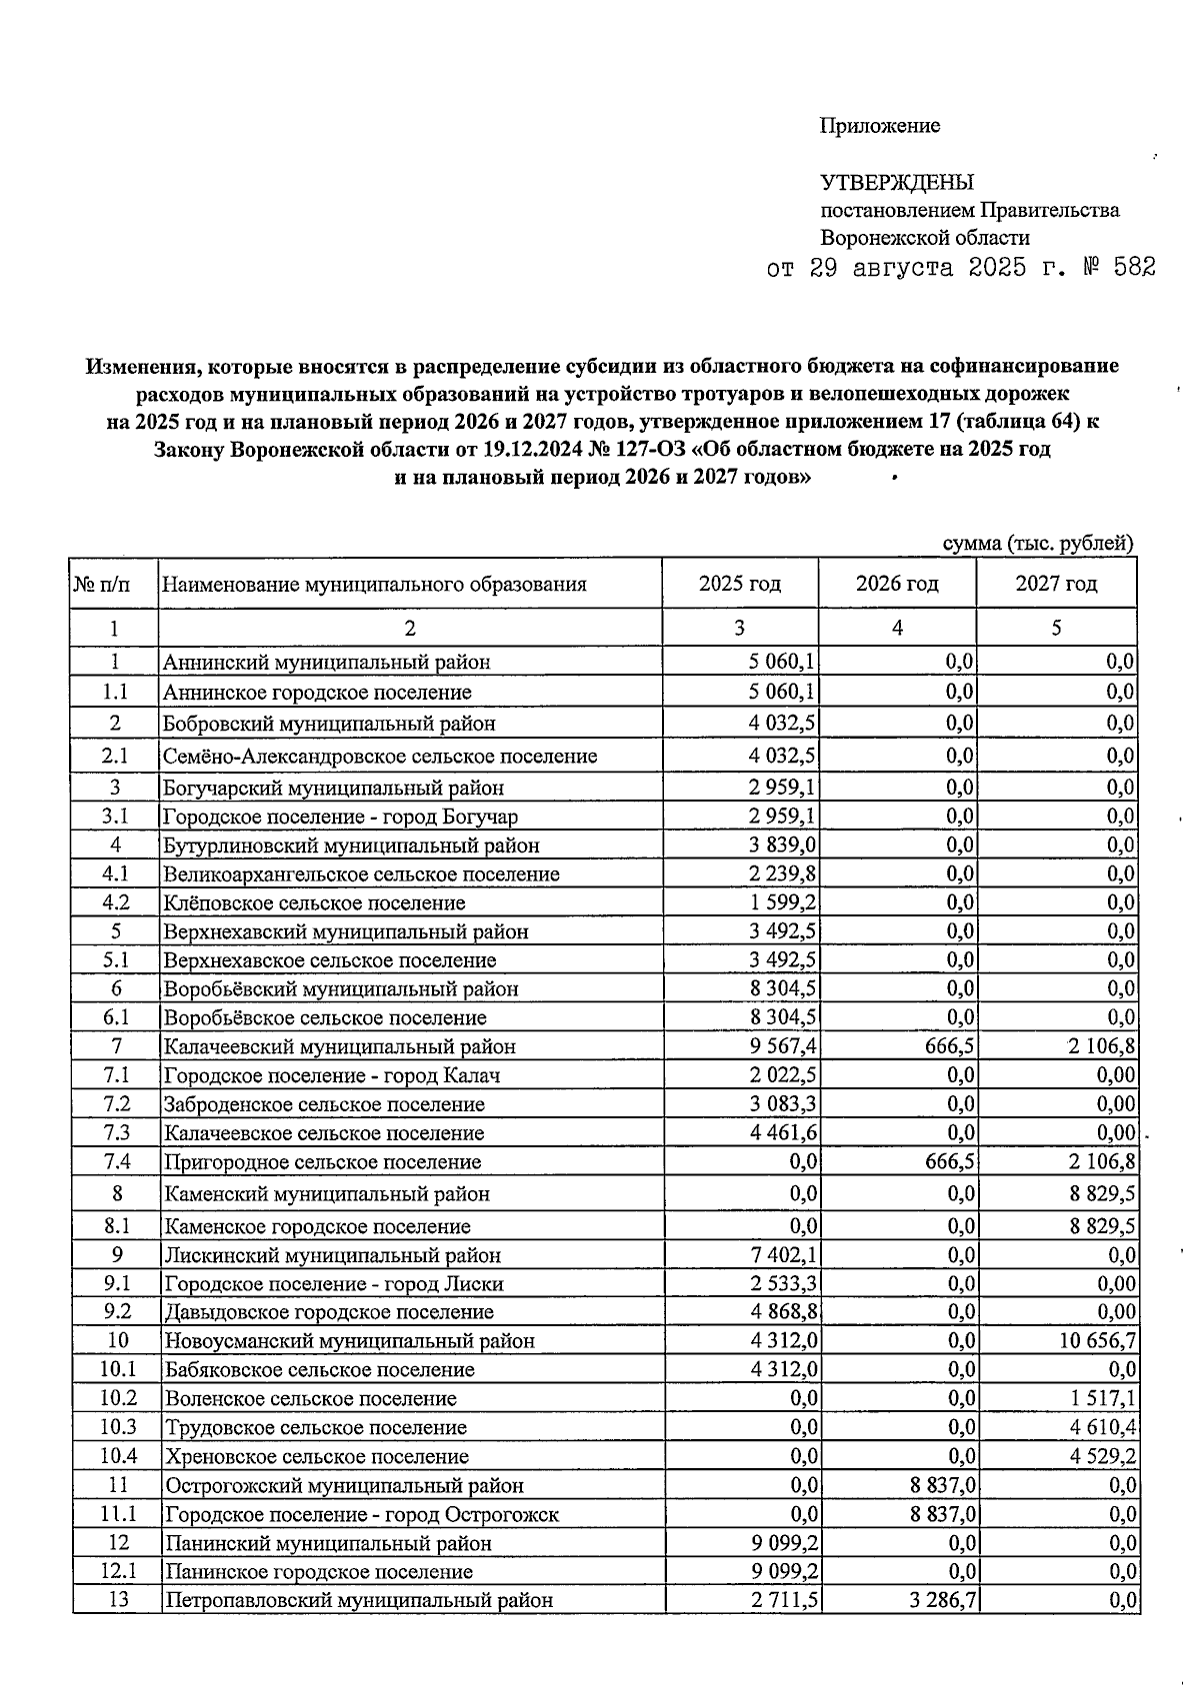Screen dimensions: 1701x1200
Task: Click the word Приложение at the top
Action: (x=879, y=126)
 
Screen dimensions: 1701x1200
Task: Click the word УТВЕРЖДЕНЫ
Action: (x=896, y=183)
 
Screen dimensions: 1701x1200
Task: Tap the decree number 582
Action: (x=1130, y=268)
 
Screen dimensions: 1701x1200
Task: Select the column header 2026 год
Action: (x=897, y=584)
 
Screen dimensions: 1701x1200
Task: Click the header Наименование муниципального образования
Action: (x=375, y=585)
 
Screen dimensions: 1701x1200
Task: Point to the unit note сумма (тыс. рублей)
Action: (x=1039, y=543)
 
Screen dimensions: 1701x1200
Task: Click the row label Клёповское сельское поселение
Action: (x=315, y=903)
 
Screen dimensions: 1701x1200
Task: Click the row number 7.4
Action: (x=116, y=1162)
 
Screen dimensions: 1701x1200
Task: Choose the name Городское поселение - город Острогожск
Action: (x=361, y=1514)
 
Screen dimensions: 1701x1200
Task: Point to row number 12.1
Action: (x=118, y=1571)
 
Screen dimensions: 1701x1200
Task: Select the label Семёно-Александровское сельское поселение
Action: (x=380, y=757)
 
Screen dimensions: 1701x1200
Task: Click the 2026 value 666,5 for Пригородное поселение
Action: (x=951, y=1162)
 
